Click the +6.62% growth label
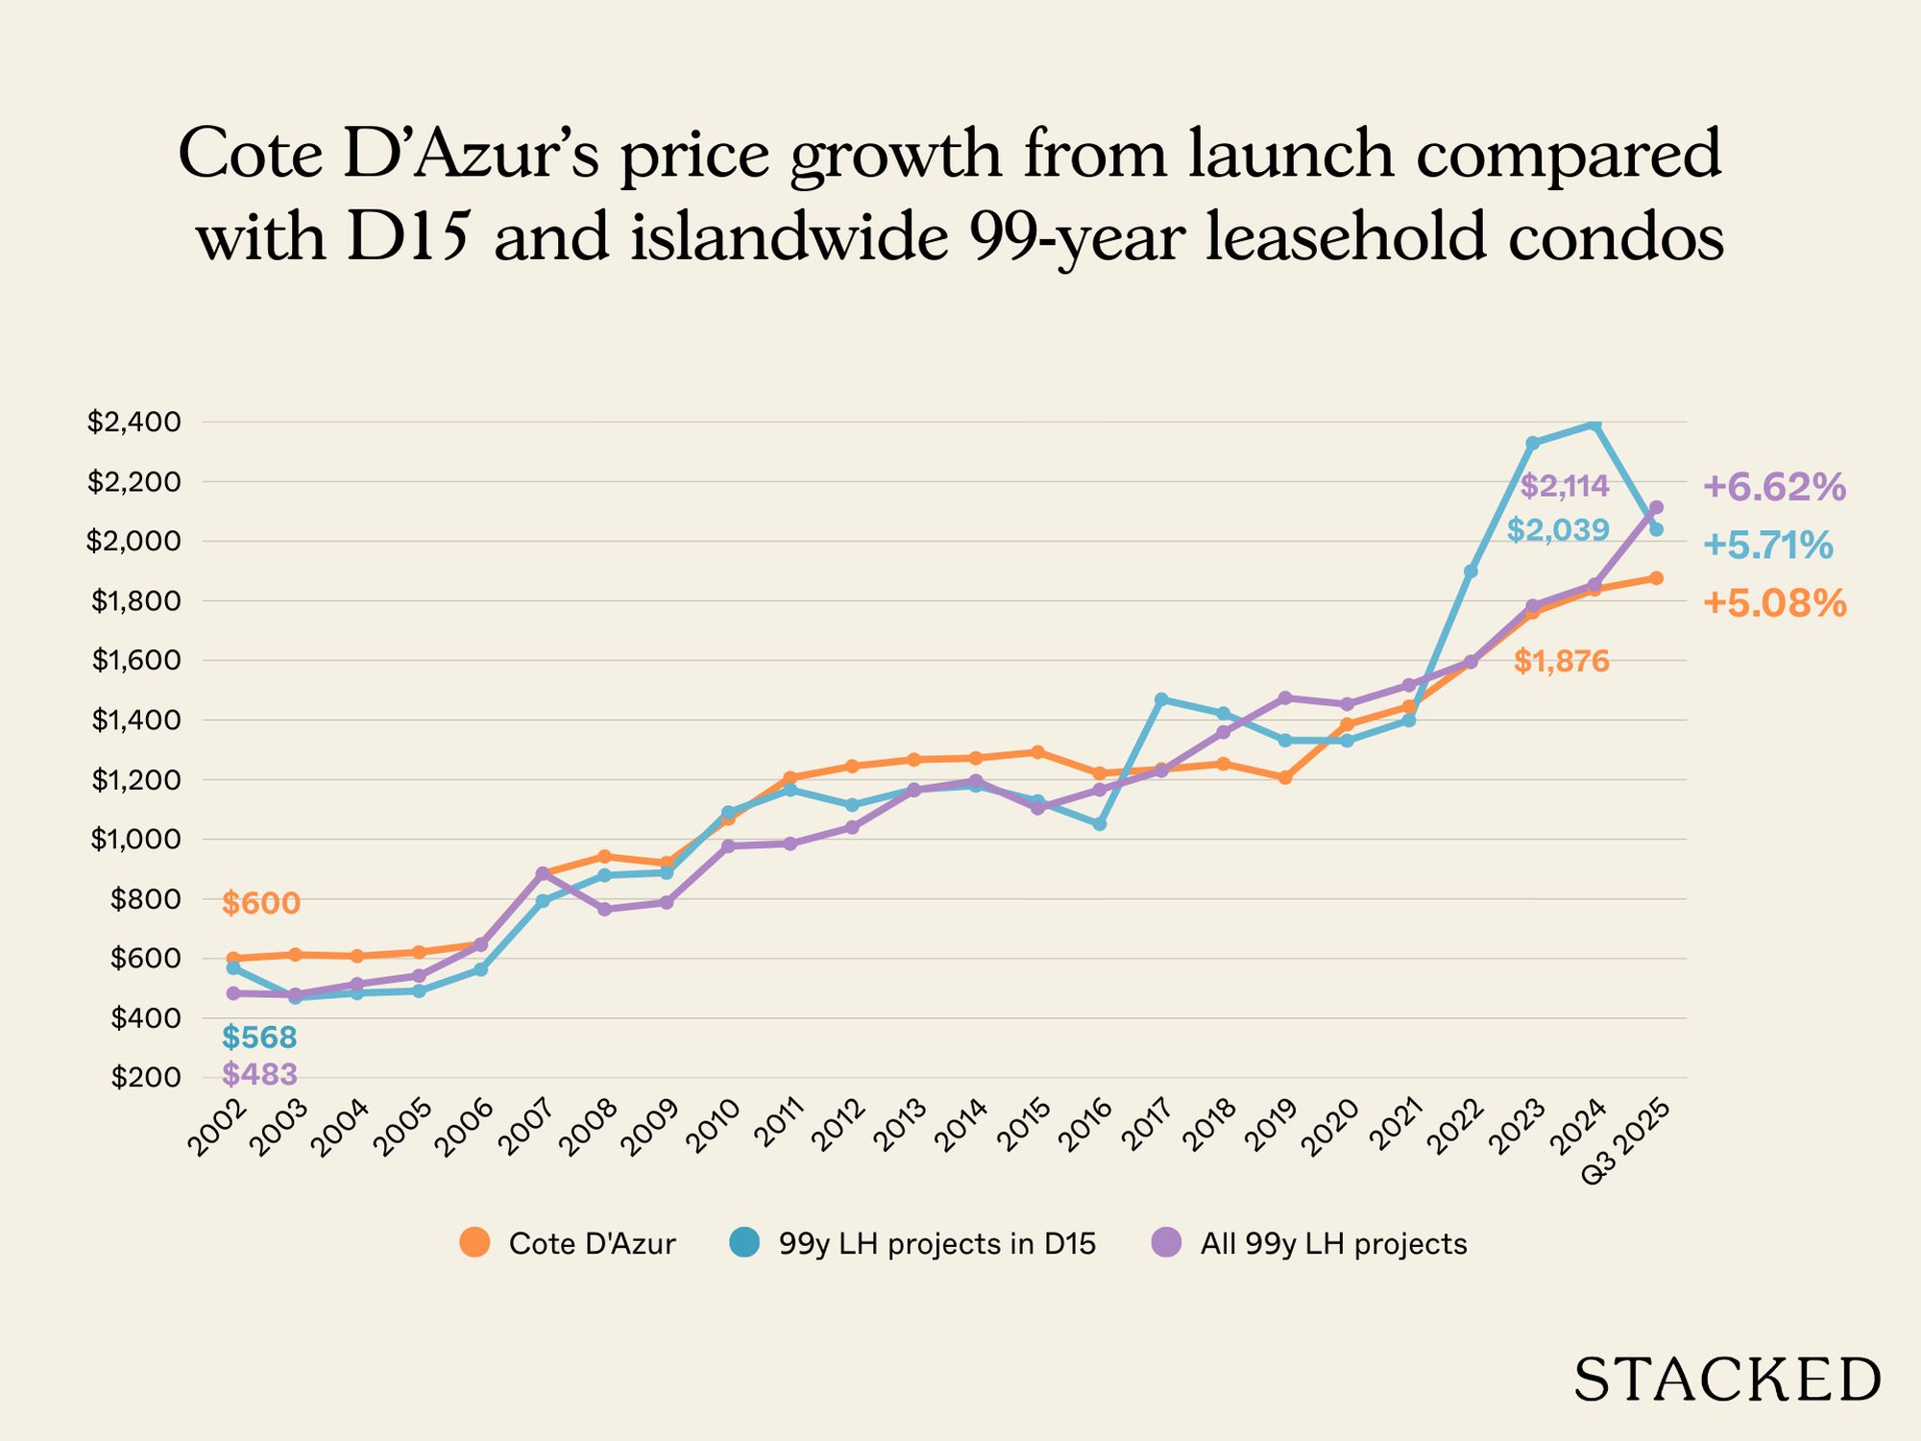click(1774, 487)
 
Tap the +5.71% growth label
click(1767, 546)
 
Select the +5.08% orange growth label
click(1774, 603)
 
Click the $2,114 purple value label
click(1565, 486)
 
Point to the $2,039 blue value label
click(1558, 529)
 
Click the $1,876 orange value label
click(1561, 661)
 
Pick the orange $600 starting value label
click(261, 903)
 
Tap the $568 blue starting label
click(259, 1038)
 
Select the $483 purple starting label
click(259, 1074)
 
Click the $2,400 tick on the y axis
click(134, 422)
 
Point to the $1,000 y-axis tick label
click(134, 840)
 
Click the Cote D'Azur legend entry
click(569, 1244)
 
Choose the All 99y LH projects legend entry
click(1310, 1244)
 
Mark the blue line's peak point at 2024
click(1594, 424)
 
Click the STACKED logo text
click(1726, 1380)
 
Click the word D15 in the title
click(407, 236)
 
